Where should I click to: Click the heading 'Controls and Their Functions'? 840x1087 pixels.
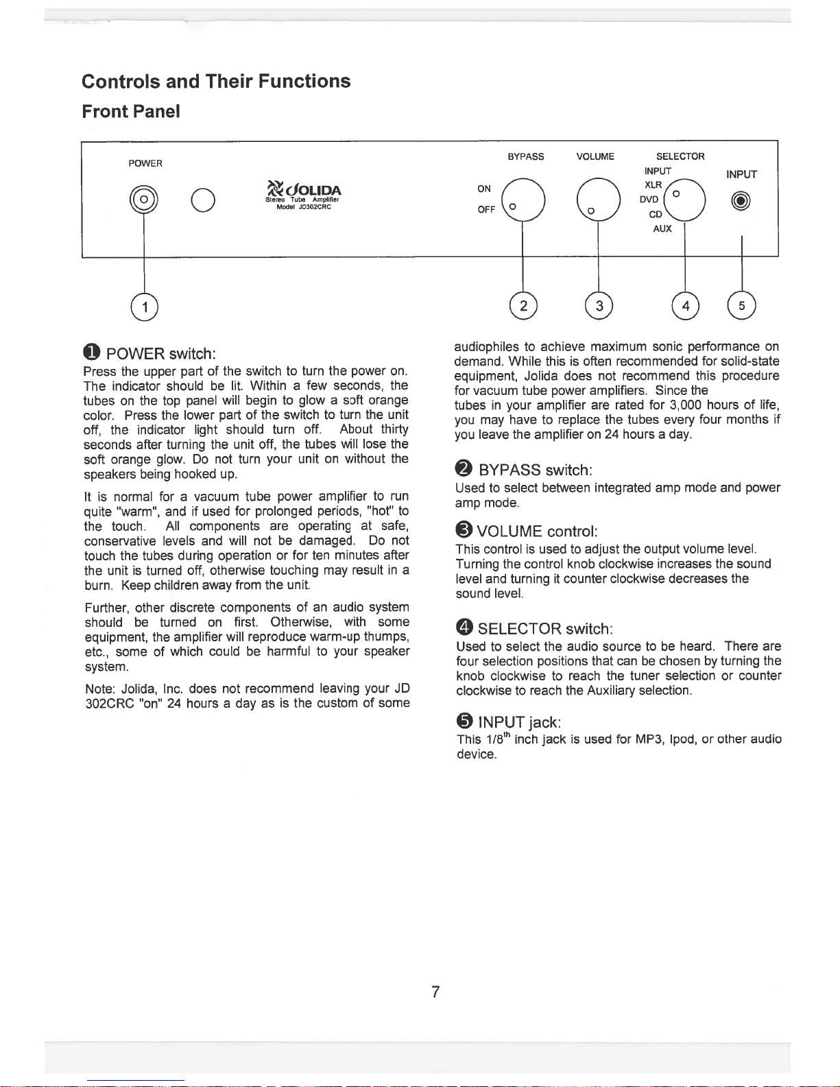point(216,81)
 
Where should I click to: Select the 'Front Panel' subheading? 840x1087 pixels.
point(131,111)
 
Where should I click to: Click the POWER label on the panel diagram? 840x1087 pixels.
point(145,163)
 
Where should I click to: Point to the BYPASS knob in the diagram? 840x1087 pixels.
point(523,200)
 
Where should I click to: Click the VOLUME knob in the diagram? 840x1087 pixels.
point(598,200)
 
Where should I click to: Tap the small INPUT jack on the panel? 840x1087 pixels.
point(741,201)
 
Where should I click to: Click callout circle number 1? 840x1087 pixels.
point(145,307)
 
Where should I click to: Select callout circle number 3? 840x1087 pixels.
point(599,306)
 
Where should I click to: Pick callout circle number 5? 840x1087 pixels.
point(741,306)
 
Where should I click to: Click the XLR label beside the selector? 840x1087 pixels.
point(653,185)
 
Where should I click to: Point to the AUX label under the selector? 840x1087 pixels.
point(662,229)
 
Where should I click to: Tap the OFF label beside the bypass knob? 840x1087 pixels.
point(486,210)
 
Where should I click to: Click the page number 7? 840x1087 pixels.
point(435,991)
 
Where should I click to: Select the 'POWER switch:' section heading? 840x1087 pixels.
point(161,354)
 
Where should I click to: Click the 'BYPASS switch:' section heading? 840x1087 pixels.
point(535,470)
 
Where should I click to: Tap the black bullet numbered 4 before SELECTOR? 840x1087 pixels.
point(464,628)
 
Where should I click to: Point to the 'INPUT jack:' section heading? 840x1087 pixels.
point(520,722)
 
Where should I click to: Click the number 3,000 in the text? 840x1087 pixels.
point(685,405)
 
